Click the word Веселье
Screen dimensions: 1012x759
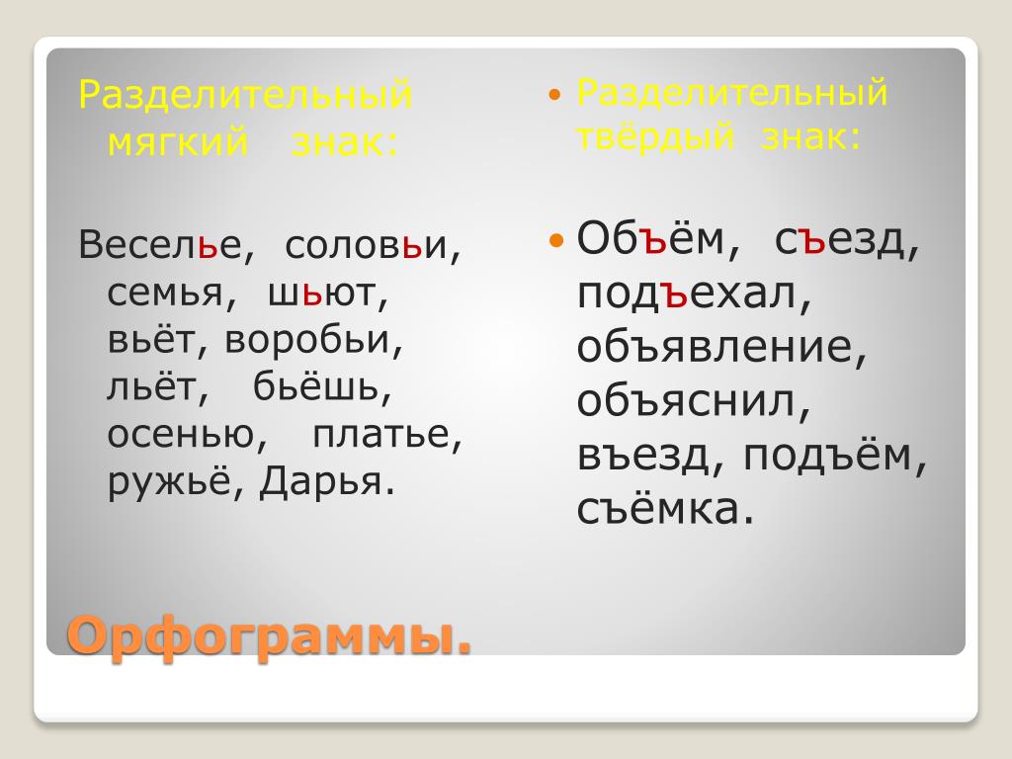160,245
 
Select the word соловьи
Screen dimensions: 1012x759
366,245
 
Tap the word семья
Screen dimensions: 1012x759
165,294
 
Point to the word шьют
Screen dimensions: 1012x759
321,294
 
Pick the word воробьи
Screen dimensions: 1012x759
307,340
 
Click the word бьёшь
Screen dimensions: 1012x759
315,386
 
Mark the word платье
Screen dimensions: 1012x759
380,435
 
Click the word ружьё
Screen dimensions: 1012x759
168,481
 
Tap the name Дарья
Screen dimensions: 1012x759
320,482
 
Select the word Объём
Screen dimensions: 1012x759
650,238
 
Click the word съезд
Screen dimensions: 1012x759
839,239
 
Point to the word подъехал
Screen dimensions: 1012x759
687,295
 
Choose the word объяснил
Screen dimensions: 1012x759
687,401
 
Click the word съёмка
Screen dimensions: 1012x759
657,508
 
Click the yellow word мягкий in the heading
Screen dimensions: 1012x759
178,143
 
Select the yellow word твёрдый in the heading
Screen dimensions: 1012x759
655,136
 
